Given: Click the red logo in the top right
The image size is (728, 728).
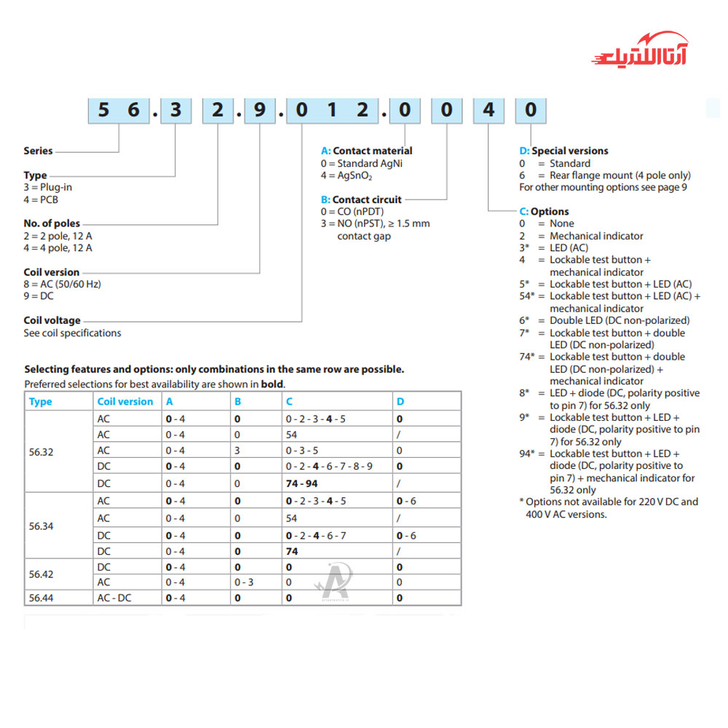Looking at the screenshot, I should (x=641, y=51).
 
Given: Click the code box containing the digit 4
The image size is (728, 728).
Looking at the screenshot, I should (x=489, y=110).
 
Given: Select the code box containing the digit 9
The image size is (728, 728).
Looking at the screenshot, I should (x=260, y=110).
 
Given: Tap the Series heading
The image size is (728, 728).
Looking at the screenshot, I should (x=39, y=151).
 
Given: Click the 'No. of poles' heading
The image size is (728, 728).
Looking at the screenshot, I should (x=52, y=223).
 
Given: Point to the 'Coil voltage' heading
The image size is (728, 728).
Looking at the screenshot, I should (x=52, y=320).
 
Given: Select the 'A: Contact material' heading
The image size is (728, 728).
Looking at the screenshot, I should (x=366, y=151).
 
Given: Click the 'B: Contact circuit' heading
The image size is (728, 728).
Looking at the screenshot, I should (x=361, y=199).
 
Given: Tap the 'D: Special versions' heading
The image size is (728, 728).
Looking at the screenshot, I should (x=563, y=151).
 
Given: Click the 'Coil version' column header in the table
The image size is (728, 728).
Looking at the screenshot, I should (x=125, y=401).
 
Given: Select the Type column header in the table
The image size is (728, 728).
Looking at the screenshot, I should (x=41, y=401).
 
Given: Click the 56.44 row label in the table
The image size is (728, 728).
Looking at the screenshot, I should (x=41, y=598).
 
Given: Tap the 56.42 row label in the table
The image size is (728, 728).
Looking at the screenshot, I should (x=41, y=574).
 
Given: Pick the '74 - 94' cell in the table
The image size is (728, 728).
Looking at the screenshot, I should (x=302, y=483).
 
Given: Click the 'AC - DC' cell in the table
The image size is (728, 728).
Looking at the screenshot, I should (x=114, y=598).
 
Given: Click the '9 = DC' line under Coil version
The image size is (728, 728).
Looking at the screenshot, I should (x=39, y=296).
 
